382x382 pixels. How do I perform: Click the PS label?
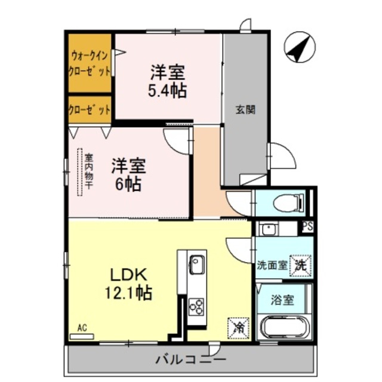[x=307, y=226]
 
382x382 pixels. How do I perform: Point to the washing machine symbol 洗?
[x=301, y=265]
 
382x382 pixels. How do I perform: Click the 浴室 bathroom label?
[x=284, y=300]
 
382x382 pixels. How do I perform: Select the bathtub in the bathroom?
[x=284, y=328]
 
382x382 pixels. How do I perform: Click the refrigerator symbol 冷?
[x=237, y=328]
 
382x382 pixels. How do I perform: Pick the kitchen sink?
[x=196, y=263]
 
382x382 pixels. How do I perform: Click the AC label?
[x=82, y=328]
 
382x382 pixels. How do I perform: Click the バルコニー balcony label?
[x=191, y=360]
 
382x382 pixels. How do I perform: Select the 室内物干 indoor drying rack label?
[x=88, y=172]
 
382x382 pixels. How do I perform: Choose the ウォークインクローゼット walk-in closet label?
[x=91, y=64]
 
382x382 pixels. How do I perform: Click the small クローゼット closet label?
[x=90, y=110]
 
